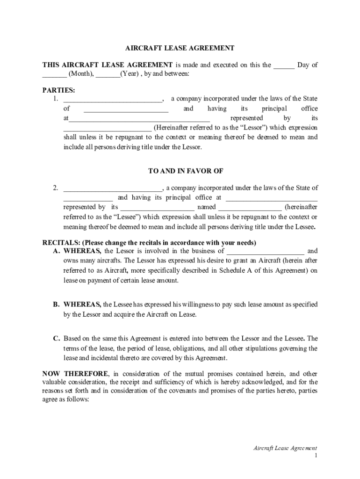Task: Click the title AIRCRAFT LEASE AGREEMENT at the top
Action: [180, 48]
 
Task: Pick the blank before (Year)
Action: [108, 75]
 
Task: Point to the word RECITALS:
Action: [61, 243]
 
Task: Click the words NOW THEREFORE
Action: [76, 374]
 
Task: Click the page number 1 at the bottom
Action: [316, 455]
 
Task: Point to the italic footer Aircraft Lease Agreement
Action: [285, 448]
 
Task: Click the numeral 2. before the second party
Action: [55, 188]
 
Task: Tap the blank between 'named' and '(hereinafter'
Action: [250, 208]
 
